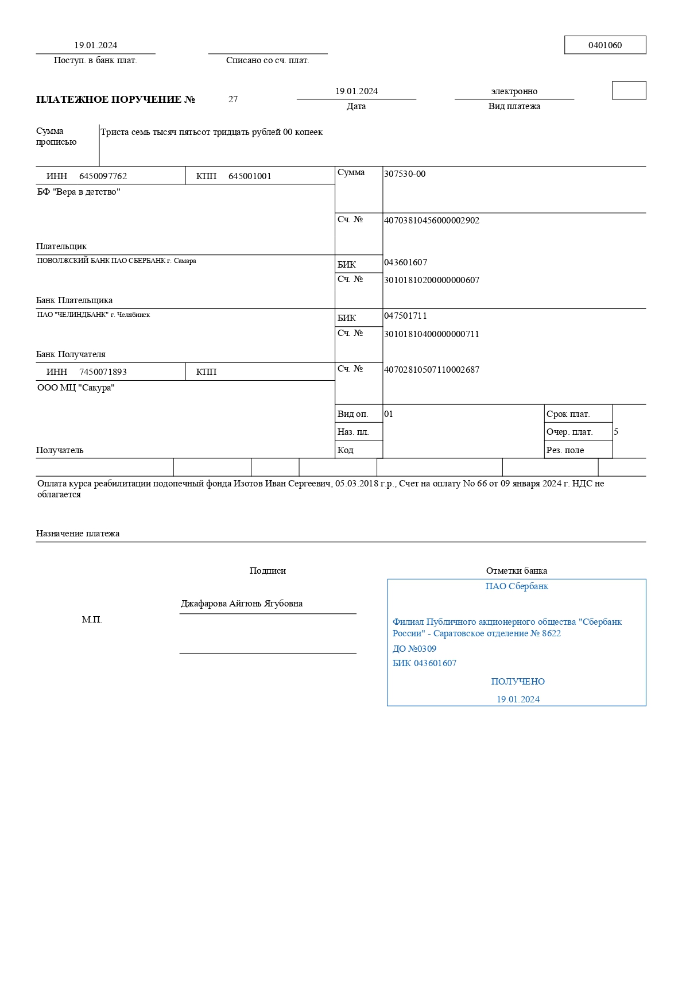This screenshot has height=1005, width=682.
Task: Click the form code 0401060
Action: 604,45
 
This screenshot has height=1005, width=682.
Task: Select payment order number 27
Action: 233,99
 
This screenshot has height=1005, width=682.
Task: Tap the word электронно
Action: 514,91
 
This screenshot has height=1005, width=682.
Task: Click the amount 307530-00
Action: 405,174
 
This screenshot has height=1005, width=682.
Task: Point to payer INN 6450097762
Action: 103,176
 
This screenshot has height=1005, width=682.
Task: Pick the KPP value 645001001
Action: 250,176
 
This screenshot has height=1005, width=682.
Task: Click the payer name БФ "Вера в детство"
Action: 79,192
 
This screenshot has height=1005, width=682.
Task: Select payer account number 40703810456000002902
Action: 431,221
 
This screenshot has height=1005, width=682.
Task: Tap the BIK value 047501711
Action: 405,316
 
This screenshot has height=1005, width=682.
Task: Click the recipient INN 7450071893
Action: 103,372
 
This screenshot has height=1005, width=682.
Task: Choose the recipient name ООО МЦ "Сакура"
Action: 76,388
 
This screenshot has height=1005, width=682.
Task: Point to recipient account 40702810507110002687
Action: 431,370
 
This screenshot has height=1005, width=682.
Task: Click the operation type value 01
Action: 389,414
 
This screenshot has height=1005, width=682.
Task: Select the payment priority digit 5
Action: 616,432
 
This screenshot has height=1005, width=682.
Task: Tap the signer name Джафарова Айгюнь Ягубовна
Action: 242,604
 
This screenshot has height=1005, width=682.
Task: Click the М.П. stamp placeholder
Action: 92,620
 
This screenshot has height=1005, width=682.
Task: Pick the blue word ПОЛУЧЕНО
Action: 518,682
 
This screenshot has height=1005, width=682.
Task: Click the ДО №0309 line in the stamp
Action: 414,649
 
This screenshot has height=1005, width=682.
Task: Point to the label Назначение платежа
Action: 77,534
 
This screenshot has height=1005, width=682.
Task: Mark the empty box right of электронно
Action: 629,91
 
